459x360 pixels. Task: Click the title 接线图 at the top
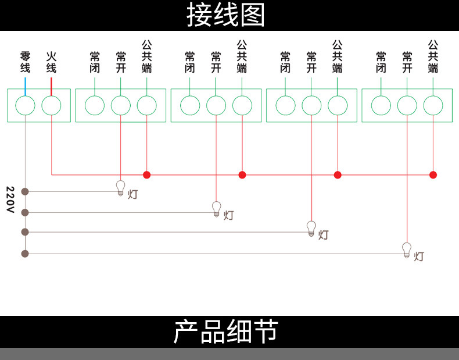(x=225, y=15)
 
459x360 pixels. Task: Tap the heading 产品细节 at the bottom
(x=225, y=332)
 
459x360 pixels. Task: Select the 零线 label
(x=25, y=62)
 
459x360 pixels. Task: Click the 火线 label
(x=51, y=62)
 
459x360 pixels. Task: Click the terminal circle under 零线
(x=25, y=106)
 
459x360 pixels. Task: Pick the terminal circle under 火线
(x=51, y=106)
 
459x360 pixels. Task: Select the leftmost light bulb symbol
(x=121, y=187)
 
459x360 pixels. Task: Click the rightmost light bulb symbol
(x=407, y=250)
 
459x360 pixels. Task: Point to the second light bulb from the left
(x=216, y=208)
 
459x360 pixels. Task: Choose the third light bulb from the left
(x=311, y=228)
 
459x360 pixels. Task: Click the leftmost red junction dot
(x=146, y=174)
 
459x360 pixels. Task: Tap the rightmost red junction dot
(x=433, y=174)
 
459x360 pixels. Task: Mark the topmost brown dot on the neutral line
(x=24, y=191)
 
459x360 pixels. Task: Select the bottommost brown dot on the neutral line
(x=24, y=253)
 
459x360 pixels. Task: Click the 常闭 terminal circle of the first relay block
(x=94, y=106)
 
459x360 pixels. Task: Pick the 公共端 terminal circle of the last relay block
(x=433, y=106)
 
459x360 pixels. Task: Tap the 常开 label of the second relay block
(x=216, y=62)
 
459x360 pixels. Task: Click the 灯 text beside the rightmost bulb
(x=419, y=256)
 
